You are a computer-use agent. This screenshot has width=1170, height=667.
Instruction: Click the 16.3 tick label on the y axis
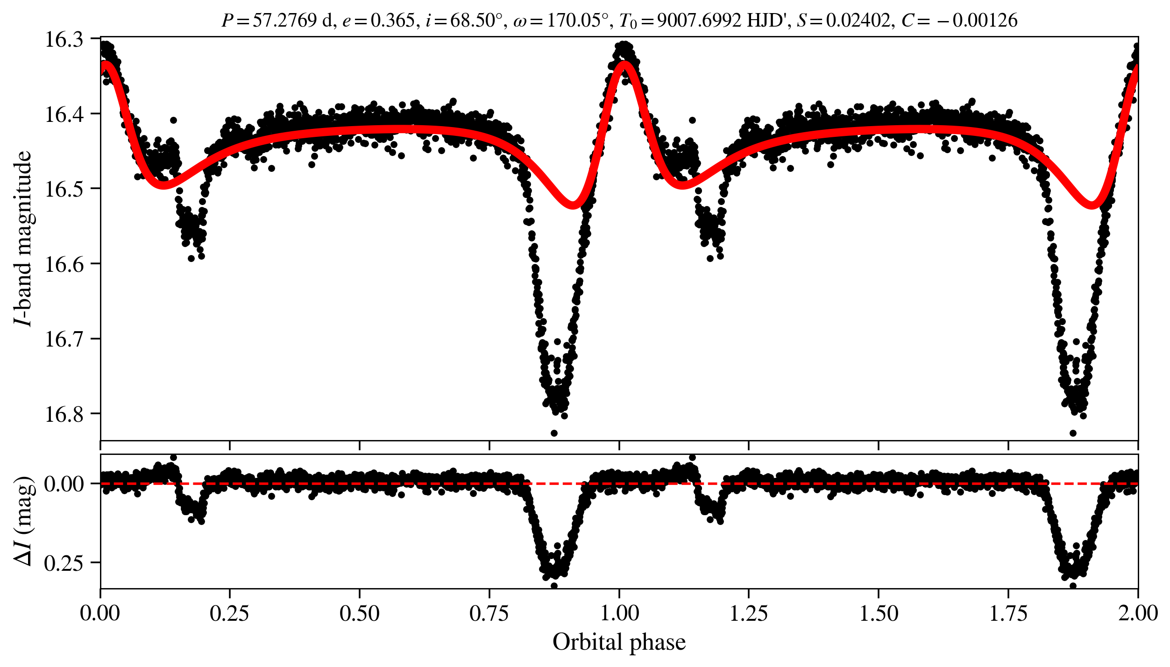(x=64, y=40)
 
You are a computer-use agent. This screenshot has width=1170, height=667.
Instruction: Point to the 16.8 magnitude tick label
(x=64, y=414)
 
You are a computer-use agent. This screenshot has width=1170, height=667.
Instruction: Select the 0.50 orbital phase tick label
(x=359, y=613)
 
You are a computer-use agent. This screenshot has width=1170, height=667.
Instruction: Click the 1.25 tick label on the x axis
(x=749, y=613)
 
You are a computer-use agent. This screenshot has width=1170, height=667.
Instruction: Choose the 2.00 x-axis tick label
(x=1138, y=613)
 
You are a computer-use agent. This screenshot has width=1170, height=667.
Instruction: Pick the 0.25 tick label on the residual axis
(x=64, y=564)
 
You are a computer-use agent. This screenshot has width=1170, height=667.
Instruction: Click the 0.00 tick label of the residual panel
(x=64, y=484)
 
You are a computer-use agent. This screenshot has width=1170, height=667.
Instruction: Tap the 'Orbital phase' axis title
(x=619, y=642)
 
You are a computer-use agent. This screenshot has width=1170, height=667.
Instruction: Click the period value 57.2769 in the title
(x=285, y=21)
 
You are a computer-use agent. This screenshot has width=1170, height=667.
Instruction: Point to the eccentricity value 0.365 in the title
(x=392, y=21)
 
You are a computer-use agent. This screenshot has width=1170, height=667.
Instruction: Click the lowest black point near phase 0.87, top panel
(x=554, y=433)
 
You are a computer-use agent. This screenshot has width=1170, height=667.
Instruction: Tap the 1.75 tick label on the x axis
(x=1008, y=613)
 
